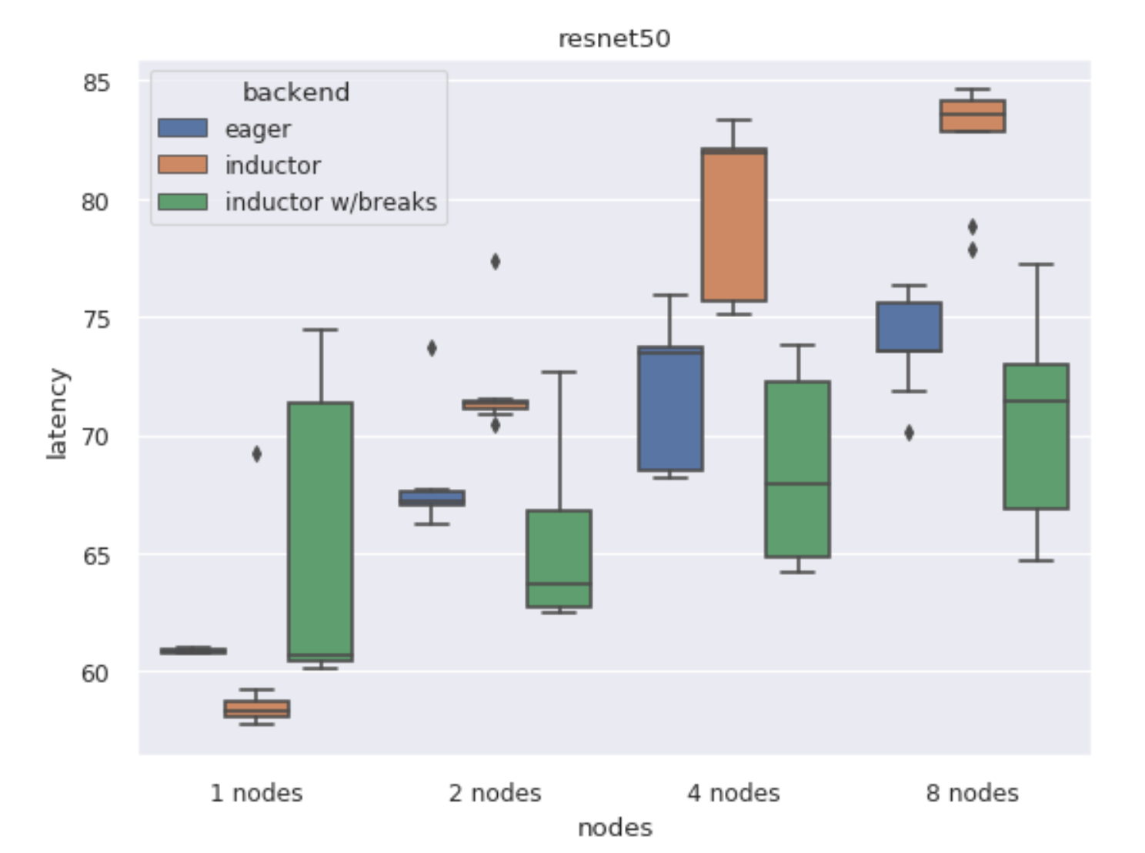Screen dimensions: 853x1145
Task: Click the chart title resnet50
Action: point(613,38)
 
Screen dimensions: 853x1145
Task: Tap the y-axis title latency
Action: point(57,414)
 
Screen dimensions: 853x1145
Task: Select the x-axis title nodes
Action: point(614,828)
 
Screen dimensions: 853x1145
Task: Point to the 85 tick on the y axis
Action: point(96,82)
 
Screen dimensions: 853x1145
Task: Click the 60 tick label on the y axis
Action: point(96,673)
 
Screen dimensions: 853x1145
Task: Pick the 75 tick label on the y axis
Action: point(96,319)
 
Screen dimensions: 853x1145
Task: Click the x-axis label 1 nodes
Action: point(256,793)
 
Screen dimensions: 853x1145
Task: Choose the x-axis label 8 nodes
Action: point(972,793)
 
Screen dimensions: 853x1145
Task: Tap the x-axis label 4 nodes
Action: point(733,793)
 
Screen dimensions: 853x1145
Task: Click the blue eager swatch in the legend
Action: point(182,128)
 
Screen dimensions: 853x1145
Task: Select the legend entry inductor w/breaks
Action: point(330,202)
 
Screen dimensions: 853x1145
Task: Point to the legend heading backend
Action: point(295,92)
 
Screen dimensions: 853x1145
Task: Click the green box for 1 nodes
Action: point(320,531)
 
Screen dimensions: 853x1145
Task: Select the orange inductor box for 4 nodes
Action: point(733,225)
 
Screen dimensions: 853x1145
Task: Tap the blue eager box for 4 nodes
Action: point(670,409)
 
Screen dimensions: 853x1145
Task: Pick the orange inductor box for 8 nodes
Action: point(972,116)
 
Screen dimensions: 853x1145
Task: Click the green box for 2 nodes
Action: point(559,559)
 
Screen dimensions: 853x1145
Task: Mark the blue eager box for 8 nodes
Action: point(909,327)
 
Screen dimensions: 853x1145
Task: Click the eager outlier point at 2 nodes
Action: point(432,349)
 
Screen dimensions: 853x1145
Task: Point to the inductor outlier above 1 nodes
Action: point(257,454)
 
